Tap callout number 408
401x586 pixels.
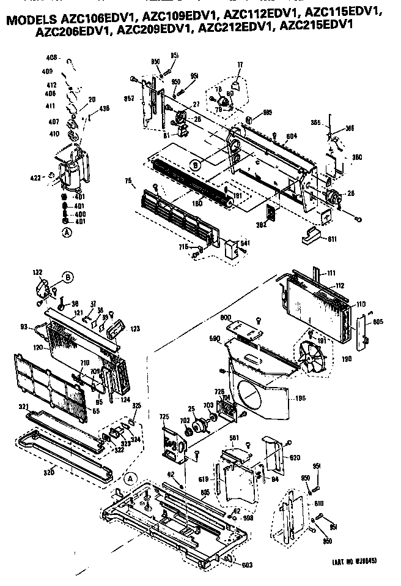pos(52,58)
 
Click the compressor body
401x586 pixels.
pos(72,167)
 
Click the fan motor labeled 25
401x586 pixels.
pos(199,424)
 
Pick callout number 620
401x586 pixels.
pos(295,457)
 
